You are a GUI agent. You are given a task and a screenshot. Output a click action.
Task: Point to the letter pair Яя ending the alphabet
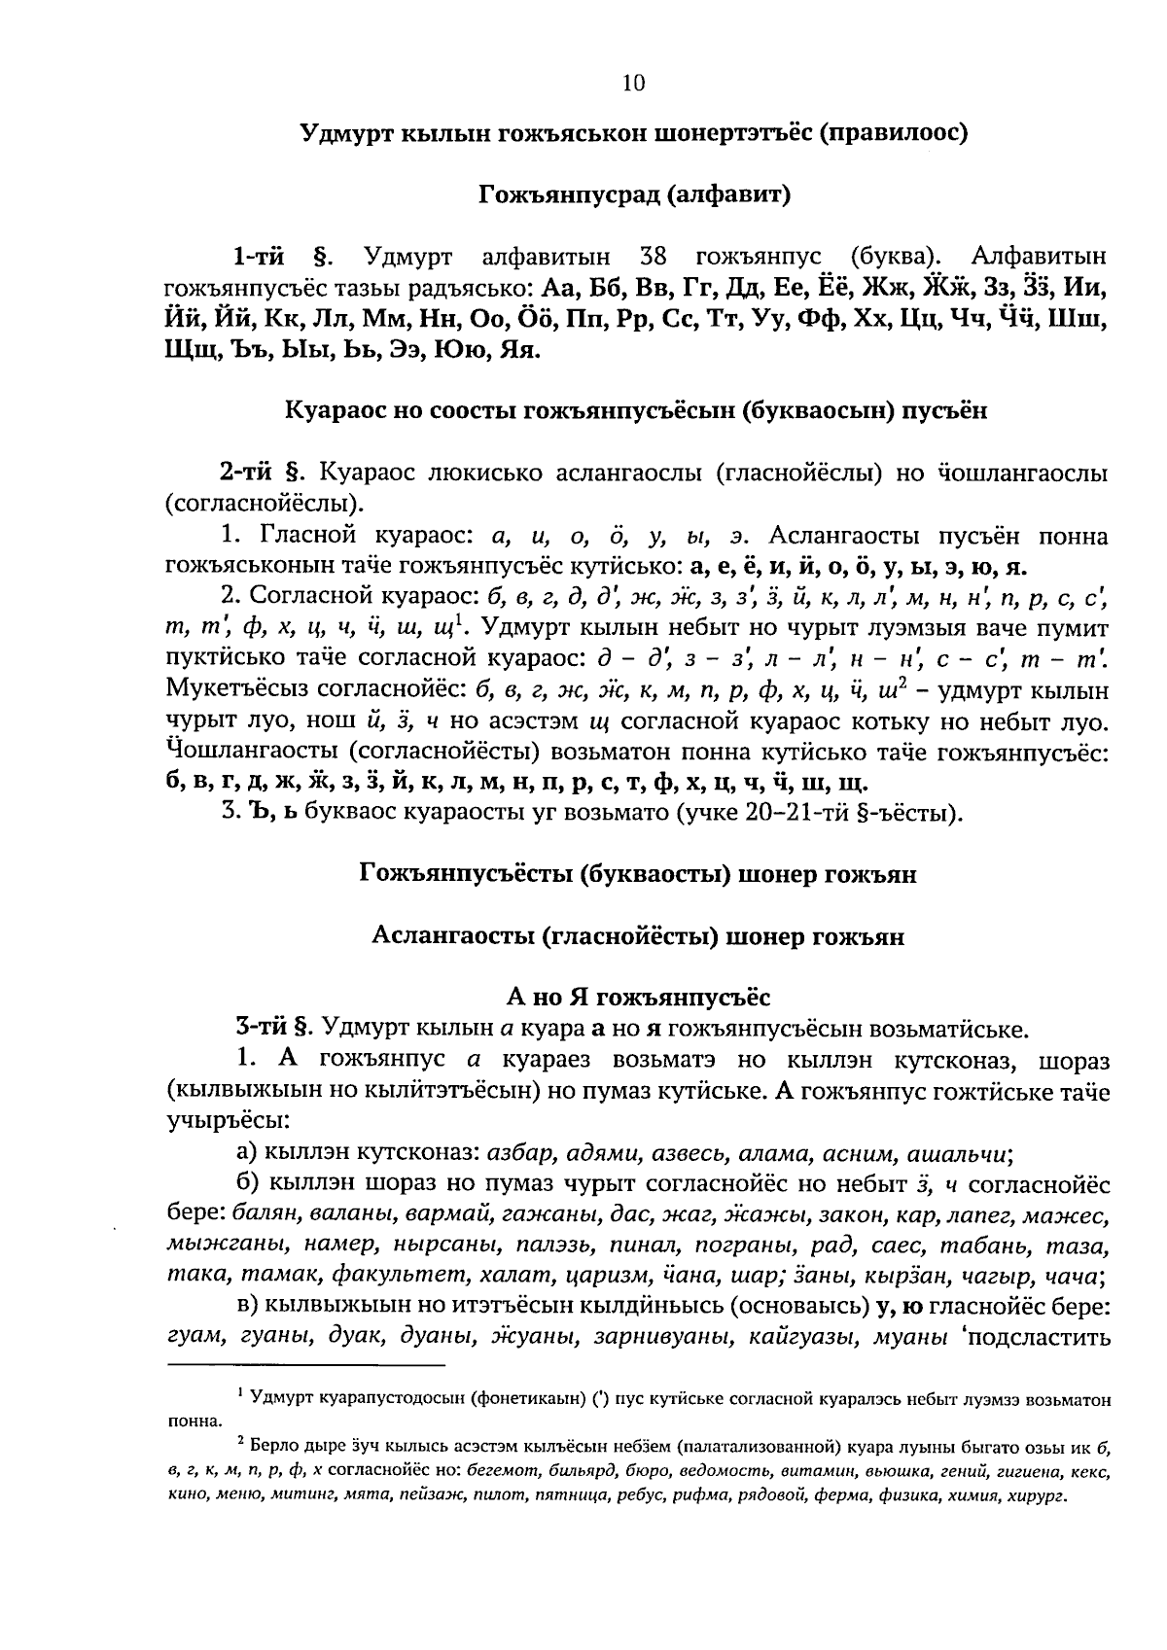[x=517, y=348]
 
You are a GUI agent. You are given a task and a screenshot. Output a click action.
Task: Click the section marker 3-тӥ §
[x=271, y=1027]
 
